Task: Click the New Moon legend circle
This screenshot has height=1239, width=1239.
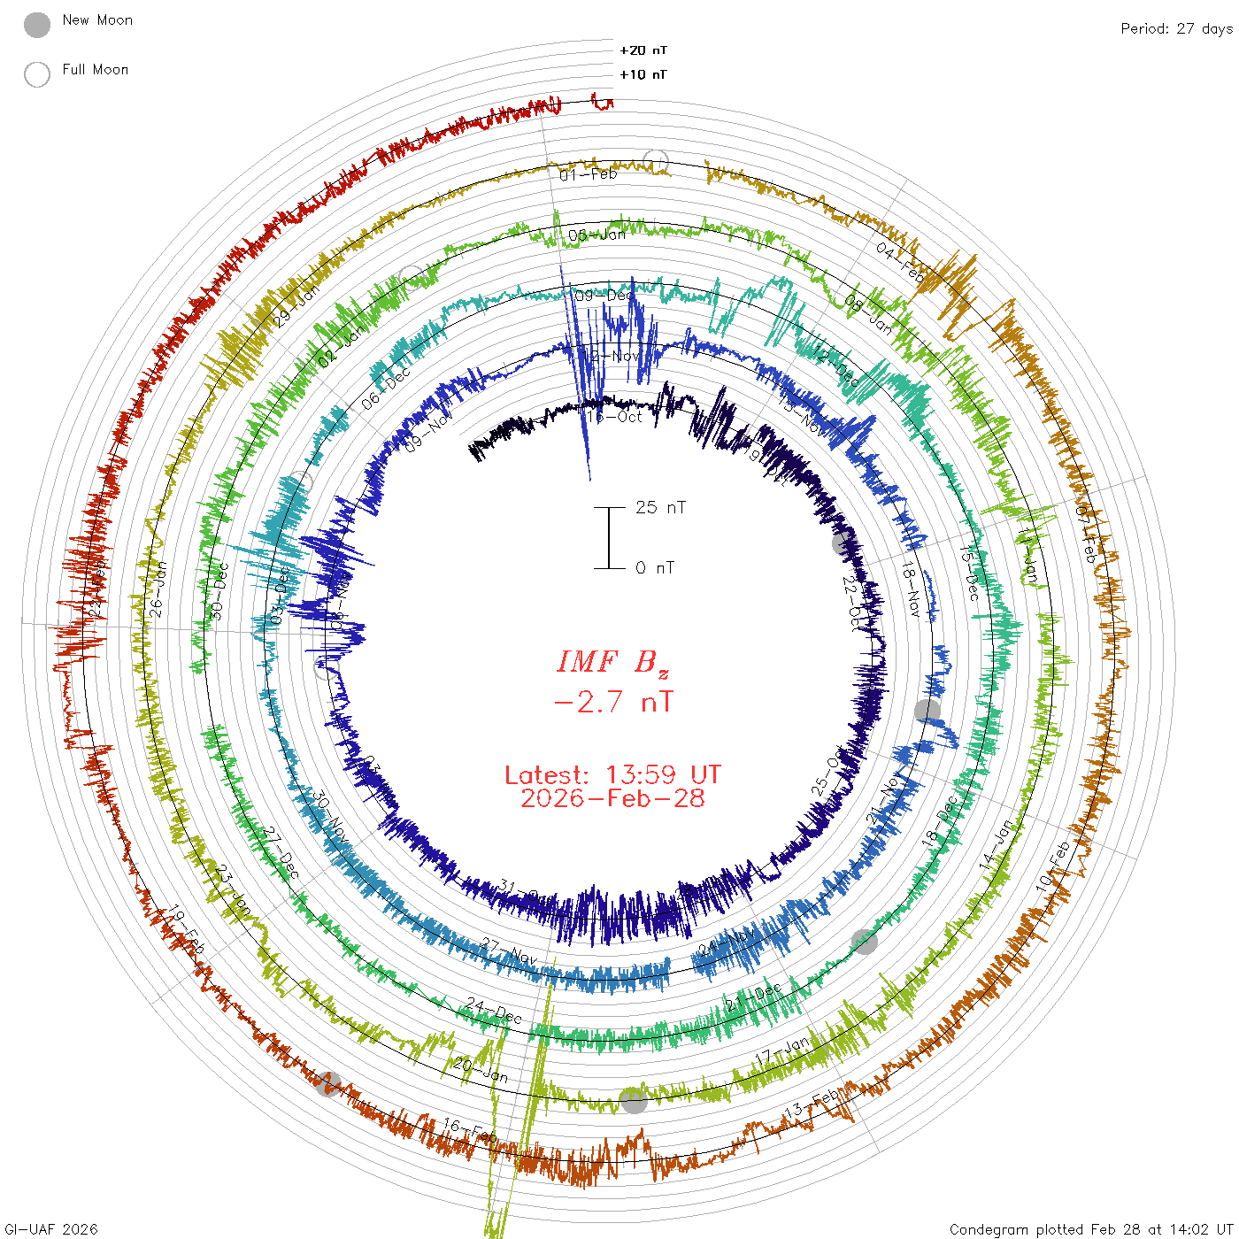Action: pyautogui.click(x=37, y=25)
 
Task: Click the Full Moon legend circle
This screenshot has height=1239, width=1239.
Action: pyautogui.click(x=37, y=74)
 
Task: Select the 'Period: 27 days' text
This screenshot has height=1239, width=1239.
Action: pyautogui.click(x=1176, y=28)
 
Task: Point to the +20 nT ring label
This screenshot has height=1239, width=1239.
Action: pyautogui.click(x=643, y=50)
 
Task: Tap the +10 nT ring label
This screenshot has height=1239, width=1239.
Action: pyautogui.click(x=643, y=74)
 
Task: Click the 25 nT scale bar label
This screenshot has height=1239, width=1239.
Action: pyautogui.click(x=660, y=507)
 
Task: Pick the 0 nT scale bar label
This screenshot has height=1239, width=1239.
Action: pyautogui.click(x=654, y=567)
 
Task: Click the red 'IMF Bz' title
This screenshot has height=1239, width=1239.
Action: pyautogui.click(x=612, y=662)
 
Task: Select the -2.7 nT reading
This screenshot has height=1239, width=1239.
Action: pyautogui.click(x=612, y=702)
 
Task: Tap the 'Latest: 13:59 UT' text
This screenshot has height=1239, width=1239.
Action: pyautogui.click(x=612, y=774)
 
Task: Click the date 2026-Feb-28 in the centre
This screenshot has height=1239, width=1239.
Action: pyautogui.click(x=612, y=798)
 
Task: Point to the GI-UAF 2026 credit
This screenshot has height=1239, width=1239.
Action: pyautogui.click(x=50, y=1229)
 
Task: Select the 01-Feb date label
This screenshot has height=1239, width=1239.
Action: pyautogui.click(x=589, y=174)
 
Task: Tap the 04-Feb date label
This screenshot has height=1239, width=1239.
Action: pyautogui.click(x=900, y=262)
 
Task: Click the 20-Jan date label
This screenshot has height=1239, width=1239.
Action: pyautogui.click(x=481, y=1070)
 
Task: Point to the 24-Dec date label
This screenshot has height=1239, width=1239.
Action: pyautogui.click(x=495, y=1010)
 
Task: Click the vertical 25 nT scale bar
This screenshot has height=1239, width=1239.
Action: pyautogui.click(x=609, y=537)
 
